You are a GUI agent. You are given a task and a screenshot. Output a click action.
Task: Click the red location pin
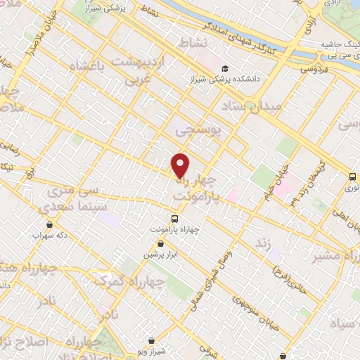tap(181, 165)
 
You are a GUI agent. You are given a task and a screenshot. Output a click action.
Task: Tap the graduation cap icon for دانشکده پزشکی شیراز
tap(225, 68)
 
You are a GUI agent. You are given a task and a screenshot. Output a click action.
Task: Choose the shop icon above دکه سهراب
tap(49, 225)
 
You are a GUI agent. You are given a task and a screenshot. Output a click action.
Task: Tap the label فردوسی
tap(316, 69)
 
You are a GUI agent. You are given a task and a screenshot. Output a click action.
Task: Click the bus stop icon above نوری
tap(352, 177)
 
